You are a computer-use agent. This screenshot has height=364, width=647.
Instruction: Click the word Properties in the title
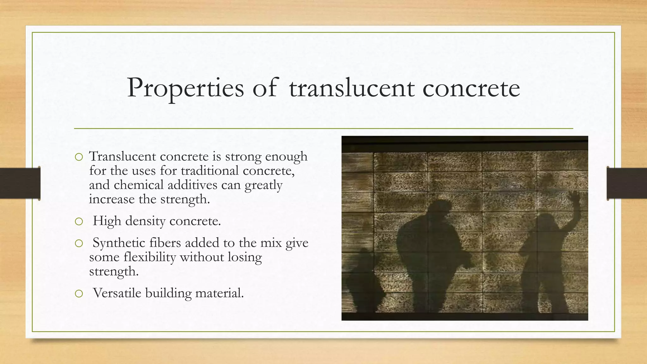coord(185,88)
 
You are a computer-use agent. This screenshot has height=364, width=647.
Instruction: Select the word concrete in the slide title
coord(471,88)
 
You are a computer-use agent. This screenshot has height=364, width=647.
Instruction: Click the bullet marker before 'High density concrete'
coord(79,221)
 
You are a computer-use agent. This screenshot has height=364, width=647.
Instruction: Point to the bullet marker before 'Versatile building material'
coord(79,294)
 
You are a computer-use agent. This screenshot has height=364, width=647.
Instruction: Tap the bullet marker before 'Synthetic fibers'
coord(79,243)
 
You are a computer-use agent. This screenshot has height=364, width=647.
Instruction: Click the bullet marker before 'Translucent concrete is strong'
coord(79,157)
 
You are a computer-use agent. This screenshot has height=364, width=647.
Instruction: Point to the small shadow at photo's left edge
coord(363,278)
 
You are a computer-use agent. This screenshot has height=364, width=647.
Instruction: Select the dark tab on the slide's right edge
coord(627,183)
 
